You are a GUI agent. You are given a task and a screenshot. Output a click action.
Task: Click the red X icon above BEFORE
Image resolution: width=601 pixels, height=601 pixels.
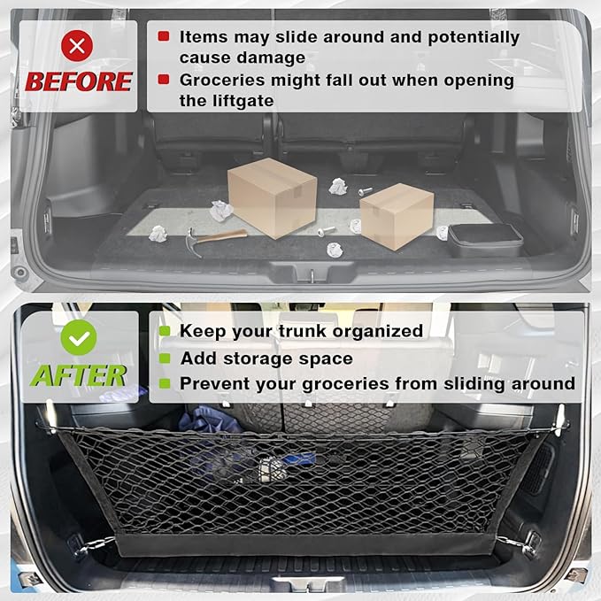[x=79, y=46]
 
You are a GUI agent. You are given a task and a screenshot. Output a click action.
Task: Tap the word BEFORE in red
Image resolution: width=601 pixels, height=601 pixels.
[x=79, y=81]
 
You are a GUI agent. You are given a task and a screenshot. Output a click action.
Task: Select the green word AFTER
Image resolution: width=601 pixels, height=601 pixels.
[x=78, y=374]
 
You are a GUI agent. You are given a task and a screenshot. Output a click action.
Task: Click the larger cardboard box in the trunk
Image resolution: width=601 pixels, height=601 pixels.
[x=271, y=196]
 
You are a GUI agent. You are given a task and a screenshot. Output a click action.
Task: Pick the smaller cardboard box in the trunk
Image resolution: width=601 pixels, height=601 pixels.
[x=396, y=216]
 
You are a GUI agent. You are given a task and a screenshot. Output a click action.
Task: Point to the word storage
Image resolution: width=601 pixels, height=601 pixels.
[x=265, y=358]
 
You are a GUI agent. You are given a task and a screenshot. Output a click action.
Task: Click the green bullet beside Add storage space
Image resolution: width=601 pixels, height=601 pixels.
[x=164, y=358]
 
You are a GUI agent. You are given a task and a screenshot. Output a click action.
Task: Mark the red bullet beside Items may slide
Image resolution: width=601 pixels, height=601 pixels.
[x=164, y=37]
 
